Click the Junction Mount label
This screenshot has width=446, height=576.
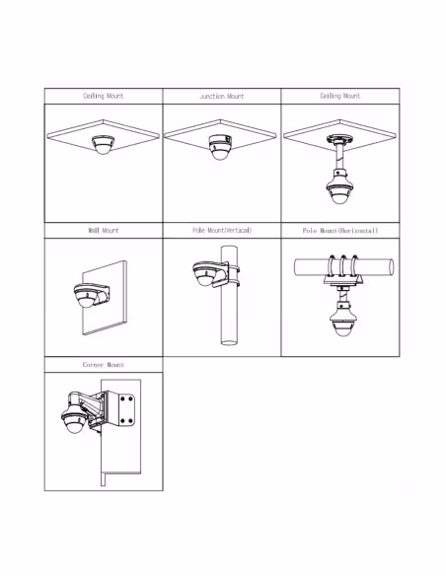(222, 97)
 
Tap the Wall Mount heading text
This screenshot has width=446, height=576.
(104, 231)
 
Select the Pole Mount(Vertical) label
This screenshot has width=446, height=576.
(222, 231)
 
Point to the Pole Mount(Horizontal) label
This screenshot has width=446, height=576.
(340, 231)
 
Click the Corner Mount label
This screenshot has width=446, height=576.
(104, 365)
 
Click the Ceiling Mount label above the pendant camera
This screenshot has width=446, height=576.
(340, 96)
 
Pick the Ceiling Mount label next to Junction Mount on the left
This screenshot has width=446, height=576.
(104, 96)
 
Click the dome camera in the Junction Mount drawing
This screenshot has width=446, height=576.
(220, 147)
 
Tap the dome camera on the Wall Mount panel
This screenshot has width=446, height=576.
(86, 296)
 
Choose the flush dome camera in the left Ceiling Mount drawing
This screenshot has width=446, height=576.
(104, 145)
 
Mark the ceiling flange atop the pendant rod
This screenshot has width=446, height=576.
(339, 140)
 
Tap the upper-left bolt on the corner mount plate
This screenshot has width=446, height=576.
(122, 398)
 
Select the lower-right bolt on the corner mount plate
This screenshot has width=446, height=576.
(131, 420)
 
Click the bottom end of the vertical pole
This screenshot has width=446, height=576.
(229, 342)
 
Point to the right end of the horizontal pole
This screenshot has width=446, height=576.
(391, 266)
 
